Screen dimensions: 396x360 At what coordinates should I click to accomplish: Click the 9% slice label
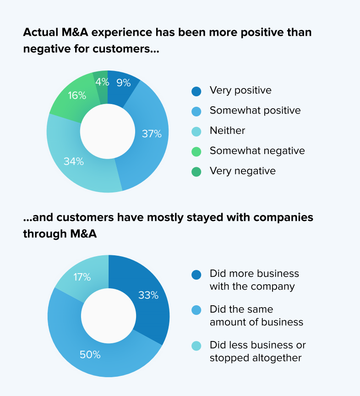click(x=123, y=83)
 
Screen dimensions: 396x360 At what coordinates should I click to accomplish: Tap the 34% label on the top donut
click(x=74, y=161)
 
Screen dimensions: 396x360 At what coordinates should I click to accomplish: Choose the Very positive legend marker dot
click(x=196, y=91)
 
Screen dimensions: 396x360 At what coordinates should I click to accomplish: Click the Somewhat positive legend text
click(x=255, y=110)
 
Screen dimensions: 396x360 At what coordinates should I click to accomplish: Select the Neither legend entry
click(x=227, y=131)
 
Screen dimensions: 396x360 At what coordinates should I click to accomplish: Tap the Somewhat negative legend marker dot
click(x=196, y=151)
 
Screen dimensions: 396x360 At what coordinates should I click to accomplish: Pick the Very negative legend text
click(x=243, y=171)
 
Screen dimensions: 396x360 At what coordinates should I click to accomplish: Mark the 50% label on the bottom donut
click(x=90, y=355)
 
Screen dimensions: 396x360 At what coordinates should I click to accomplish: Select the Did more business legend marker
click(x=196, y=275)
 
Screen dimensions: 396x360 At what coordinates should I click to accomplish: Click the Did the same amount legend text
click(x=256, y=316)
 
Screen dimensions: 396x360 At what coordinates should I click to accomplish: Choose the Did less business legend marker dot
click(x=196, y=346)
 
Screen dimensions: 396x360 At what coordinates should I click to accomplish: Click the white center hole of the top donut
click(x=108, y=132)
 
